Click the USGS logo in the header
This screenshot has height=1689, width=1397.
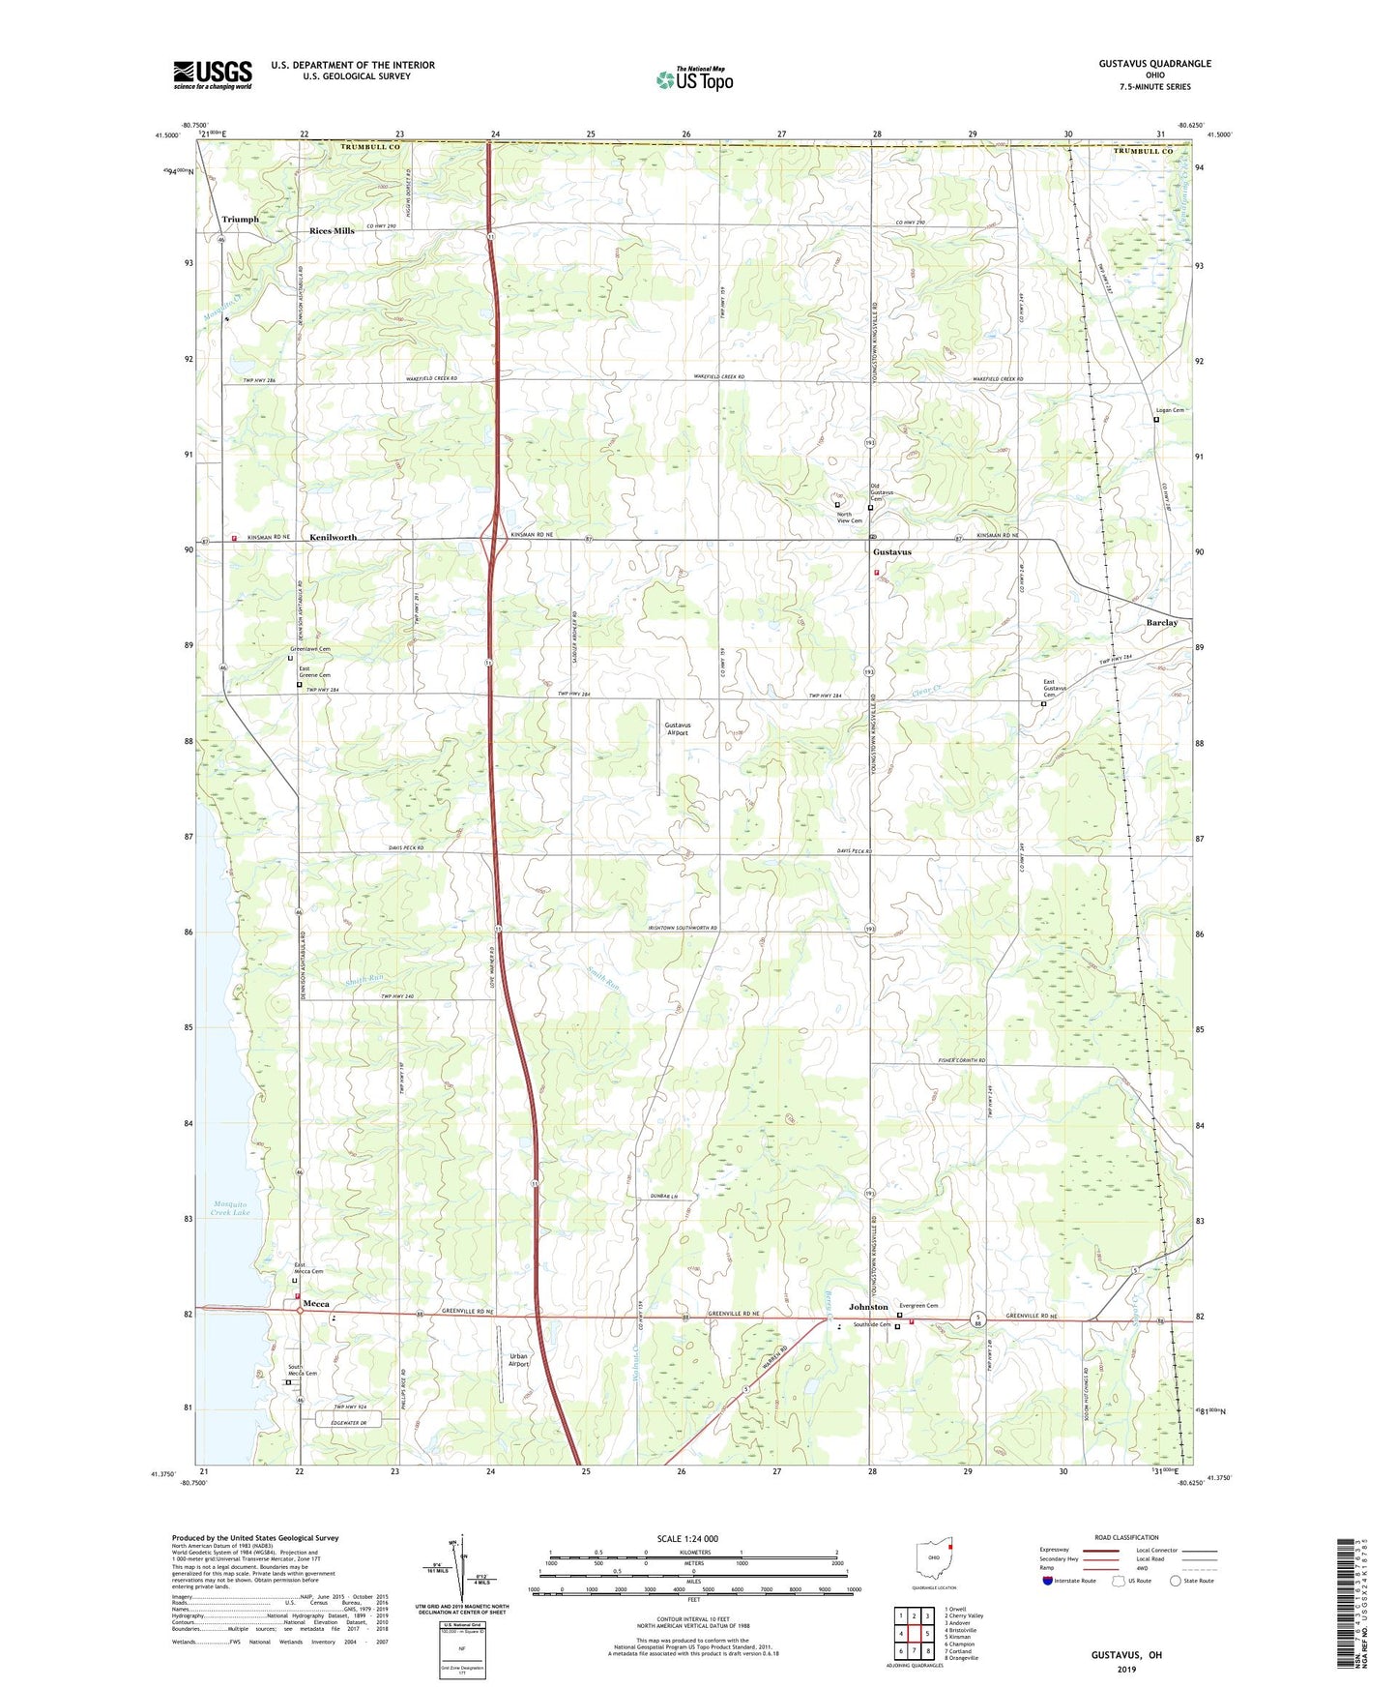tap(213, 74)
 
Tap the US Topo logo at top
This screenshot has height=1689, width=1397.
tap(694, 79)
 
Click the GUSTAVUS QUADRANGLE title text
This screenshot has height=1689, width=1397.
tap(1153, 64)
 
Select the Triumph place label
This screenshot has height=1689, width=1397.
tap(241, 220)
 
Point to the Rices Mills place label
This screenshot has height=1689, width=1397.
tap(332, 231)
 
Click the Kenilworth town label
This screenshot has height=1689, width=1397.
tap(333, 537)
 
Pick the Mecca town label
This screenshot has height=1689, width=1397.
tap(316, 1304)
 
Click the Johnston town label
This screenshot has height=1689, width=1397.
tap(868, 1307)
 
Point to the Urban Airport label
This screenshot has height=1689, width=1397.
tap(519, 1360)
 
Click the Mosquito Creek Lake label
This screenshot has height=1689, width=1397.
tap(230, 1208)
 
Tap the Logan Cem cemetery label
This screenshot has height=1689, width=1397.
tap(1170, 410)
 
